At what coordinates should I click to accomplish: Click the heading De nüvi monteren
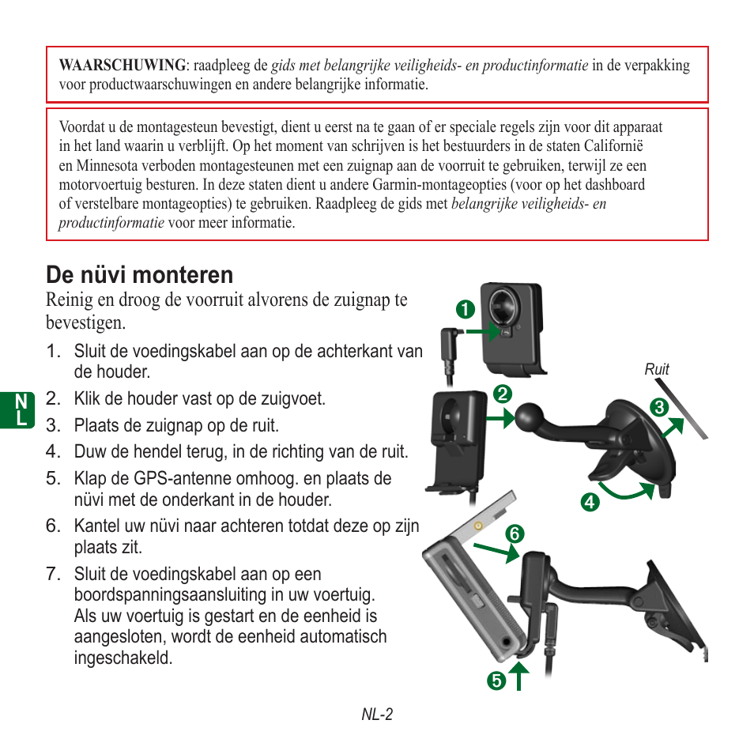[x=140, y=275]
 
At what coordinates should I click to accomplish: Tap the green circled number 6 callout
[x=515, y=534]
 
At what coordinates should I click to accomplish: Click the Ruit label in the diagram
[x=657, y=369]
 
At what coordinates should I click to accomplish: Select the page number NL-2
[x=377, y=714]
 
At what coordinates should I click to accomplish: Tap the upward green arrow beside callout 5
[x=518, y=676]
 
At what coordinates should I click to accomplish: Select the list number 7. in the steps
[x=53, y=574]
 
